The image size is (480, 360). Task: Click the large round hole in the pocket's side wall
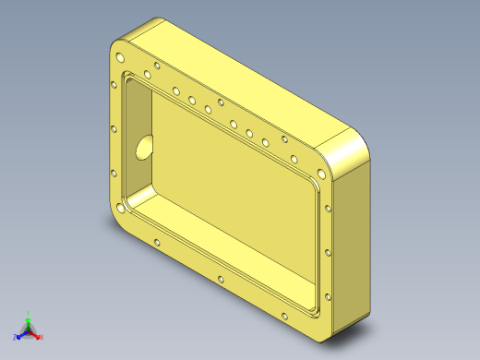pyautogui.click(x=143, y=148)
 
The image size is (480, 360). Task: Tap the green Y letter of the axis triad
pyautogui.click(x=28, y=314)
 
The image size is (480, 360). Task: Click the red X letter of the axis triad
pyautogui.click(x=42, y=338)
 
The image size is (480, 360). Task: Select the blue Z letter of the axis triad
pyautogui.click(x=15, y=338)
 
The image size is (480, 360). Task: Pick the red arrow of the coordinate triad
pyautogui.click(x=35, y=334)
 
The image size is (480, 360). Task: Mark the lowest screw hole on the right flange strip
pyautogui.click(x=327, y=296)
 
